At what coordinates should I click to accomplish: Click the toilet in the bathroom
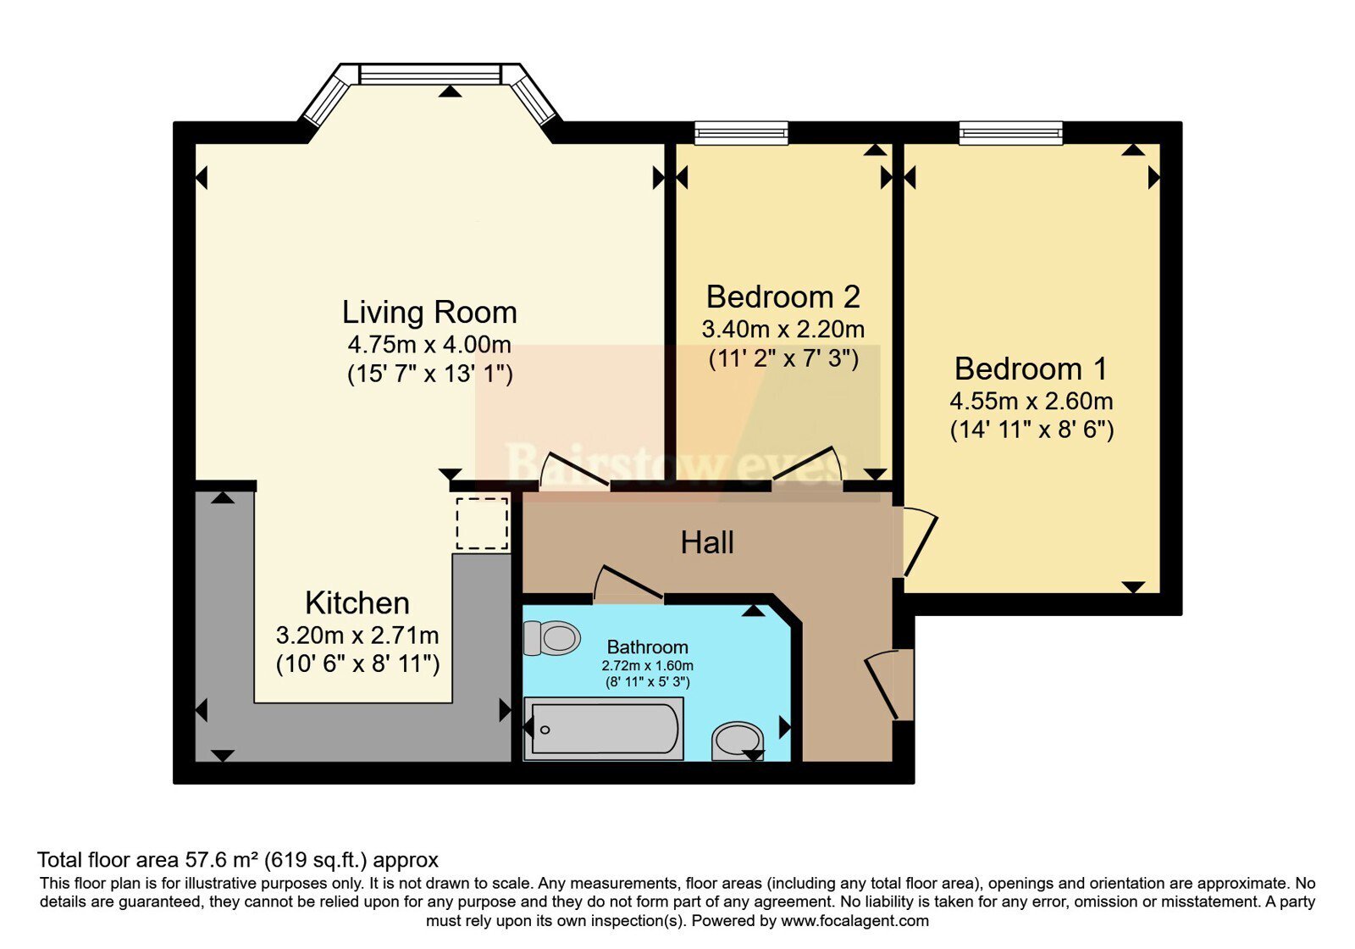pos(551,638)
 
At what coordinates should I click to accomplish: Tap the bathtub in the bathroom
pos(604,729)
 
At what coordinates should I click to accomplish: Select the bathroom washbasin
pos(738,741)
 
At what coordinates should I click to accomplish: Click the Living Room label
pos(429,313)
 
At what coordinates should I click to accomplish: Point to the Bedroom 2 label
pos(783,297)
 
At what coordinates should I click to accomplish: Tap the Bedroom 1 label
pos(1031,369)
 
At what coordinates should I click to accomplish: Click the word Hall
pos(707,543)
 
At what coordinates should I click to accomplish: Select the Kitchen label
pos(357,602)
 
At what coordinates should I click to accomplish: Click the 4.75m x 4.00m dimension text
pos(429,344)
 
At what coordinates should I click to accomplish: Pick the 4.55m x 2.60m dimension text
pos(1031,401)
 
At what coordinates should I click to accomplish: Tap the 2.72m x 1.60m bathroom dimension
pos(647,666)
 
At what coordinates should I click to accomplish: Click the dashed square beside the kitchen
pos(482,524)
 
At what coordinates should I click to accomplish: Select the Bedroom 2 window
pos(742,133)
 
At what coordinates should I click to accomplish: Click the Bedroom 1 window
pos(1011,133)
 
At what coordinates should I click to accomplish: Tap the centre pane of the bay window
pos(430,75)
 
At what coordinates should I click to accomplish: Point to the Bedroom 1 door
pos(920,542)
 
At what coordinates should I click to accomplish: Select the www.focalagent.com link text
pos(854,921)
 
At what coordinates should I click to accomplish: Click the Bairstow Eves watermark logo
pos(677,423)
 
